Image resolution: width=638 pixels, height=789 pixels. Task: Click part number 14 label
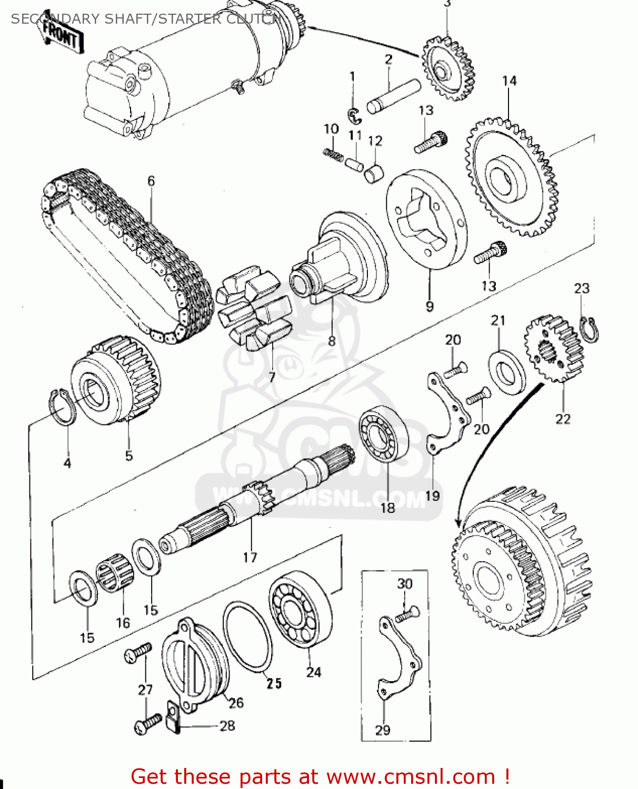[509, 81]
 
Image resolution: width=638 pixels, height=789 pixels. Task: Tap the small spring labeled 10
[333, 153]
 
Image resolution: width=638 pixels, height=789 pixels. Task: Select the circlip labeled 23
[590, 330]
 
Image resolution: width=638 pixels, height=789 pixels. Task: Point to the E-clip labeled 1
[354, 114]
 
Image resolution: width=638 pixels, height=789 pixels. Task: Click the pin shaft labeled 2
[393, 95]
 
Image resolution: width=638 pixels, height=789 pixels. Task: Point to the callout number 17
[250, 557]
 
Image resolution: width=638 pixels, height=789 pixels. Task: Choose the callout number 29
[383, 730]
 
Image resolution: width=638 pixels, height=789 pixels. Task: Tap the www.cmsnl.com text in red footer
[411, 776]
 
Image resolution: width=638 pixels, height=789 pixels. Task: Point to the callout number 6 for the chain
[151, 181]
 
